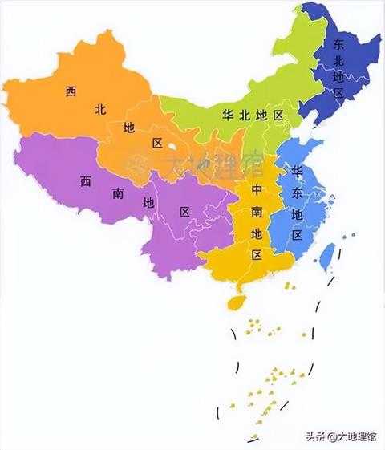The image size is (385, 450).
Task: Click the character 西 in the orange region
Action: point(71,91)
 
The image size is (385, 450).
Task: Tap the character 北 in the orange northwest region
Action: point(100,109)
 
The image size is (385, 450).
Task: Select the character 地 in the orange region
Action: point(129,128)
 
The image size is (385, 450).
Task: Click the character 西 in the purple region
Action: point(85,181)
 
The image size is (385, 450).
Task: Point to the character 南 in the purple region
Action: point(117,193)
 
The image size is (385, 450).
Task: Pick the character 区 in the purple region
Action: point(184,212)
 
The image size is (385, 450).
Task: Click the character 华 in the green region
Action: point(227,116)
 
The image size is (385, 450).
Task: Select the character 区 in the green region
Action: point(278,116)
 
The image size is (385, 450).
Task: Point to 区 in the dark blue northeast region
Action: point(338,93)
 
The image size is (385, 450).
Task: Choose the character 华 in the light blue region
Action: point(297,172)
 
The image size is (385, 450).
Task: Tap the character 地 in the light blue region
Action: point(297,214)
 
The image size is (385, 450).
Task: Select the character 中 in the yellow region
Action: point(257,191)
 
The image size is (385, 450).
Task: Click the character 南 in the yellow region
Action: point(257,212)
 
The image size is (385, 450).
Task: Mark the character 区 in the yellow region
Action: point(257,255)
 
